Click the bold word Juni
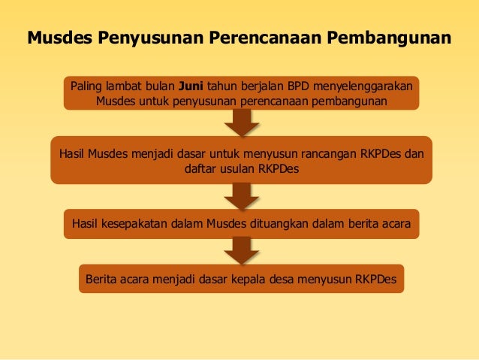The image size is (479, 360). (x=191, y=85)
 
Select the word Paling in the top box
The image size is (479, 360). (x=88, y=85)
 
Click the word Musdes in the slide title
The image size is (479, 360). (x=60, y=37)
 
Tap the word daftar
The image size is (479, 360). (x=200, y=169)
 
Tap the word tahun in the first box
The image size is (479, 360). (x=221, y=85)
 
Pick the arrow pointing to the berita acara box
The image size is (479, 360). (x=241, y=195)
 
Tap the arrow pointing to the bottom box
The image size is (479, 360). (x=241, y=250)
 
